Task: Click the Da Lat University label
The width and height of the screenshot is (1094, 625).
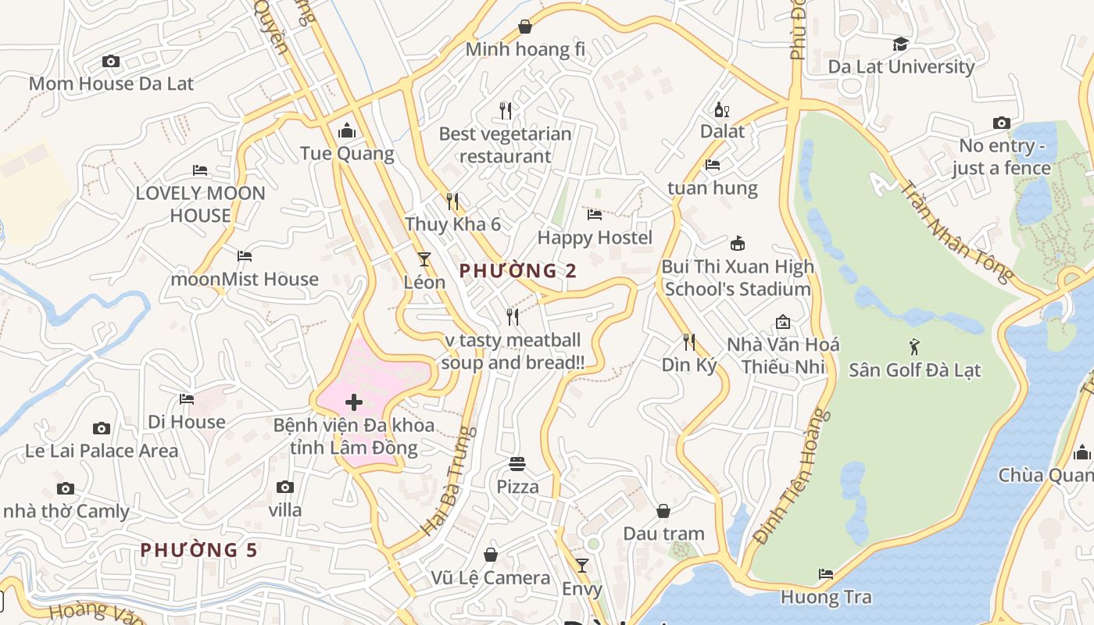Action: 901,66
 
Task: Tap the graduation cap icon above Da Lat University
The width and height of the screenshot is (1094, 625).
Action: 901,44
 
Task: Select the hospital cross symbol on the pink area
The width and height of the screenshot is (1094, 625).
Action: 354,402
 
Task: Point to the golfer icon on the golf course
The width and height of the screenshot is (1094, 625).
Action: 914,346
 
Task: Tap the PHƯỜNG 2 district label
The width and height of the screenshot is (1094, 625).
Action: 517,271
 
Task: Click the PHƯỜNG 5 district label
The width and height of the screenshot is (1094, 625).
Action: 198,550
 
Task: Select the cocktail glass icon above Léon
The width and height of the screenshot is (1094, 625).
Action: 424,259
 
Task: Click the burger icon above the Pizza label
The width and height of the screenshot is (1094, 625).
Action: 517,464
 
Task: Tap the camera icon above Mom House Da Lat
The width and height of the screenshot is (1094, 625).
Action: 111,61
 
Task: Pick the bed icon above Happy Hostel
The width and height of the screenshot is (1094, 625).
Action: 595,214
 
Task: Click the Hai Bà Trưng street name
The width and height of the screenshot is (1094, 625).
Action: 449,480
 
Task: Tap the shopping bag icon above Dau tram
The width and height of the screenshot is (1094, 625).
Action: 663,511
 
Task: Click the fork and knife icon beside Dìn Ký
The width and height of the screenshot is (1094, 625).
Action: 688,341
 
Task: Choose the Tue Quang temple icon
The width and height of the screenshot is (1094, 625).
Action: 346,130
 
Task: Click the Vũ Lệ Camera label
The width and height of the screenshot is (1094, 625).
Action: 491,578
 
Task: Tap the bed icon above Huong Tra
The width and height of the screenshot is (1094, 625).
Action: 826,574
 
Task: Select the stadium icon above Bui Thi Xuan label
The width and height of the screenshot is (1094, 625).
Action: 737,243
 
